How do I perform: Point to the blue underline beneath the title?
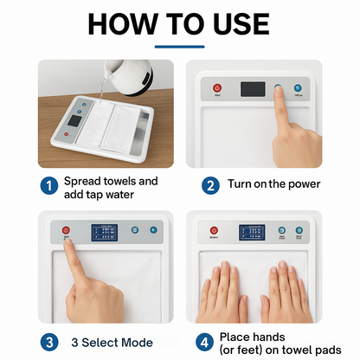[180, 47]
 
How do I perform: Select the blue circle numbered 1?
[48, 183]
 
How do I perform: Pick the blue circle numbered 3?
[48, 343]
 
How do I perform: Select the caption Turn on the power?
[274, 183]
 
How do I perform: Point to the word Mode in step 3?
[134, 343]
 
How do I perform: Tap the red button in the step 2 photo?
[218, 87]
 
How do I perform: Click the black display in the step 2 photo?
[253, 89]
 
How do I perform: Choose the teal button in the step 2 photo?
[297, 87]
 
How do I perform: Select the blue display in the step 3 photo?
[106, 234]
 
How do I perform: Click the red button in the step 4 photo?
[214, 230]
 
